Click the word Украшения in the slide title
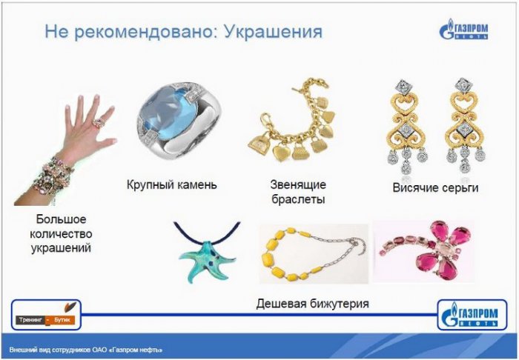click(x=273, y=33)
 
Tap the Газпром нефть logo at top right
click(x=463, y=29)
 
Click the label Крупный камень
click(x=172, y=184)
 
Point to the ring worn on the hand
click(x=99, y=123)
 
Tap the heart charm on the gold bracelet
click(x=282, y=153)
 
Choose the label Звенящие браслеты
click(x=298, y=192)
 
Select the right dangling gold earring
click(x=464, y=126)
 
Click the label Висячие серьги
click(x=435, y=187)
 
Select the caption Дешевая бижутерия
click(x=312, y=303)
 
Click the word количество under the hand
click(x=61, y=234)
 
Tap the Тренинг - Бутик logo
click(x=46, y=315)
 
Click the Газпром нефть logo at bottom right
click(x=472, y=315)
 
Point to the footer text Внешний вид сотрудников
click(x=50, y=350)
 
